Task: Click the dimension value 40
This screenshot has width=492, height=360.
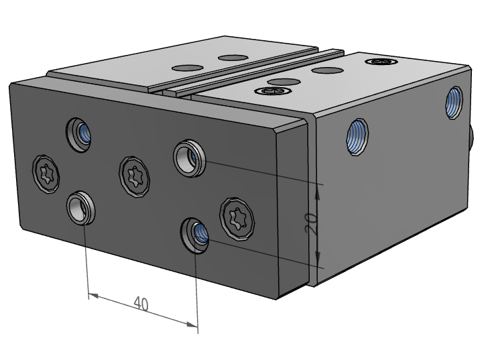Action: (x=141, y=304)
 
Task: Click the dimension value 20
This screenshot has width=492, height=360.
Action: (x=310, y=224)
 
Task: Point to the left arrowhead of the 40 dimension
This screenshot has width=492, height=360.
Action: (x=93, y=296)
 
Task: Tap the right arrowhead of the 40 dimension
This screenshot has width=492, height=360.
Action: (x=192, y=324)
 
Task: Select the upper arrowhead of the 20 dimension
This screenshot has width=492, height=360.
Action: (x=318, y=192)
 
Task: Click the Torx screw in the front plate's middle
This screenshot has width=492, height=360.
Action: (x=134, y=177)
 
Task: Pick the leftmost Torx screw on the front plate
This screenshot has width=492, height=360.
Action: (x=46, y=174)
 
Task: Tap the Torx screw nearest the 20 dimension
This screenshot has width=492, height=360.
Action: (x=237, y=219)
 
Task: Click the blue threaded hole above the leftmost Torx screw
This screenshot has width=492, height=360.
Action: (x=78, y=135)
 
